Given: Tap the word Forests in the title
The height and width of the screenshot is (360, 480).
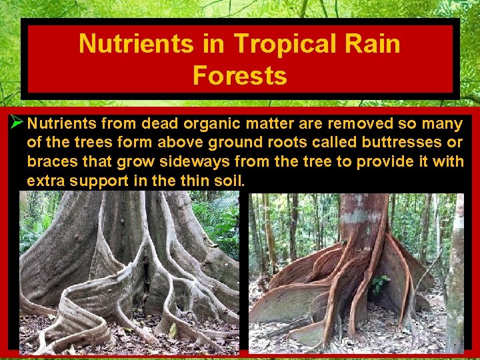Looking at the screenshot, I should point(239,75).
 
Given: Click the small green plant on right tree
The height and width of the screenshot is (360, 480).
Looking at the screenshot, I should point(380,283).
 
